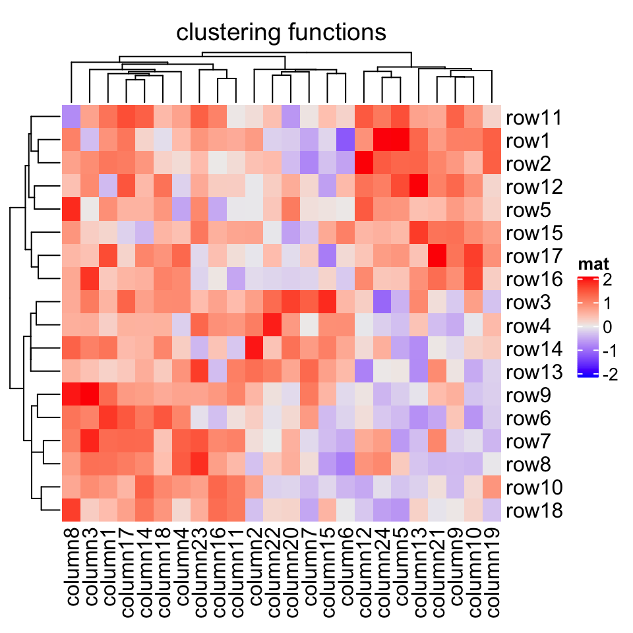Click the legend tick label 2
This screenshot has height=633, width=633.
pyautogui.click(x=607, y=280)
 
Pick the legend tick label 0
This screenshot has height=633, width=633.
pyautogui.click(x=607, y=328)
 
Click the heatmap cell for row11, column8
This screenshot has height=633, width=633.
pyautogui.click(x=71, y=117)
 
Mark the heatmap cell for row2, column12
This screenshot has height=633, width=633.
pyautogui.click(x=364, y=164)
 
